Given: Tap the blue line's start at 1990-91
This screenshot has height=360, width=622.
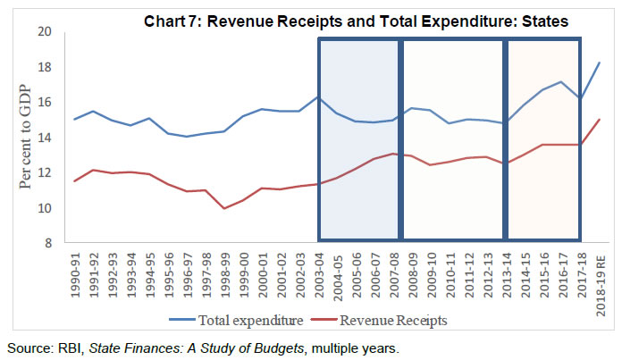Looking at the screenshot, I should click(74, 119).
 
